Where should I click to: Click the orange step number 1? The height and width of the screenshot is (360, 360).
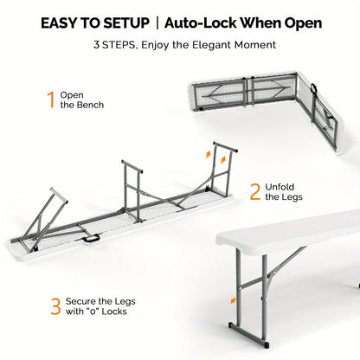(x=51, y=100)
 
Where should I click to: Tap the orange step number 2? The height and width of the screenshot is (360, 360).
(x=255, y=191)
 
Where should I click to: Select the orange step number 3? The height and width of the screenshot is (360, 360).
(x=55, y=306)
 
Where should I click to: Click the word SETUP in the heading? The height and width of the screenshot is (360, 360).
(x=126, y=23)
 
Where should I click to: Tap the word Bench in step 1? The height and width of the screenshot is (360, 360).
(x=90, y=105)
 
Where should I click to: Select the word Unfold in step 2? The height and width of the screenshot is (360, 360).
(x=280, y=187)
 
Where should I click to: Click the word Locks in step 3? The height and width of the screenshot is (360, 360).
(x=114, y=312)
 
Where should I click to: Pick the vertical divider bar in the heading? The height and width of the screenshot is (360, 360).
(x=157, y=23)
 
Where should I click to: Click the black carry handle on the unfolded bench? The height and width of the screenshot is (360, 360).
(x=91, y=239)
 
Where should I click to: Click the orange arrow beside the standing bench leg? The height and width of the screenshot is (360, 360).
(x=233, y=300)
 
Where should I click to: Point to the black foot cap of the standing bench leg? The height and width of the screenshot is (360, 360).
(x=267, y=344)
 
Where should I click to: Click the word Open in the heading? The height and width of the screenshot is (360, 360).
(x=303, y=23)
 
